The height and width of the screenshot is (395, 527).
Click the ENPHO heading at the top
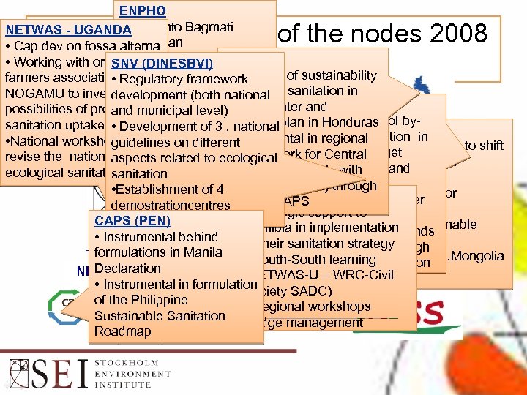[x=143, y=11]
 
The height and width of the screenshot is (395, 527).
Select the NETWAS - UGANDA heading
[x=68, y=31]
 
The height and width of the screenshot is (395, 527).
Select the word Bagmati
[x=209, y=27]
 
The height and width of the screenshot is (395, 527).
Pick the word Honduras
[x=349, y=122]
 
